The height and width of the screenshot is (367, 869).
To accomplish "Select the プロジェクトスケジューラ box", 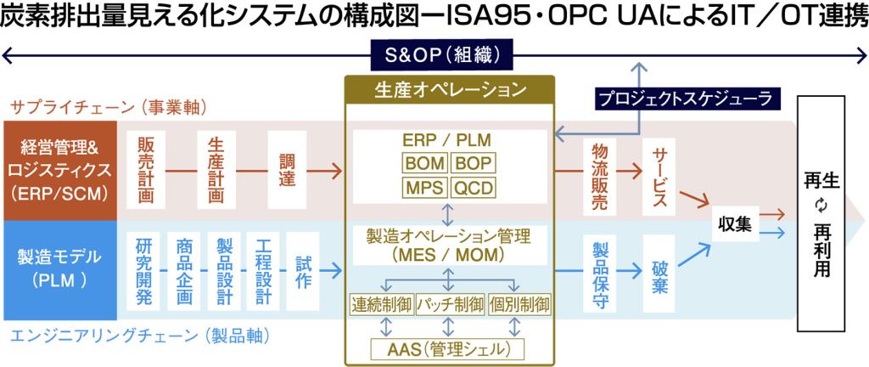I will (x=684, y=98).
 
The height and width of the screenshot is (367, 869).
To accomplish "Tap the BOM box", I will (x=424, y=163).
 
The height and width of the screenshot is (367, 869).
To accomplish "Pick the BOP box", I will (x=473, y=163).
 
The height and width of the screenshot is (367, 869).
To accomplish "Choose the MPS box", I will (x=424, y=187).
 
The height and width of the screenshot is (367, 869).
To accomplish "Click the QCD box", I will (x=473, y=187).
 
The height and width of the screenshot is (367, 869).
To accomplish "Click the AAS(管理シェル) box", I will (x=448, y=347).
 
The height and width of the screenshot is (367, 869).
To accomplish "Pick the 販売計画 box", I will (x=145, y=171).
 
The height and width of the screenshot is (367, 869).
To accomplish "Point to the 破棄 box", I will (x=659, y=270).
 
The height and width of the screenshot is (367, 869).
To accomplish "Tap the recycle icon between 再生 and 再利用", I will (x=820, y=205).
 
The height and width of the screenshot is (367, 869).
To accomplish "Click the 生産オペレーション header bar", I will (x=449, y=88).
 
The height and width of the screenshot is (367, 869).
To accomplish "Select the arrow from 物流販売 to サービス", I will (x=629, y=171).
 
